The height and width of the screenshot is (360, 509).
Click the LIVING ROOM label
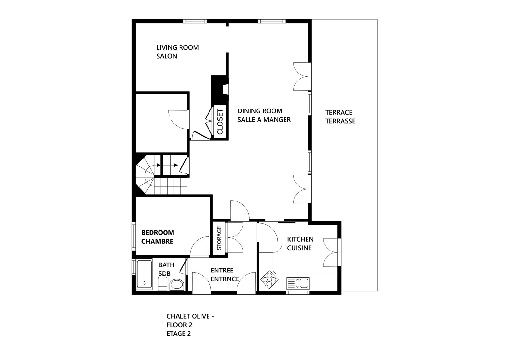tap(178, 47)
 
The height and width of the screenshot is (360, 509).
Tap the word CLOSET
tap(220, 122)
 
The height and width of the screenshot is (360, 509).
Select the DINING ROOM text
tap(260, 111)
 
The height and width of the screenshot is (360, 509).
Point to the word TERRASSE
tap(340, 121)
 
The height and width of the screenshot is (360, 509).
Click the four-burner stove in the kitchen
tap(269, 279)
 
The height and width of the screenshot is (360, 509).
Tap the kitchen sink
tap(298, 283)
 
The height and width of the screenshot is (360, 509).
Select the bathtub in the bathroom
tap(144, 275)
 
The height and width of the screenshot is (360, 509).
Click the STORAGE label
tap(219, 238)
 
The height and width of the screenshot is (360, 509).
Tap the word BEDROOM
tap(158, 232)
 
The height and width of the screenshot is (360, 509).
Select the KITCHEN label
tap(300, 239)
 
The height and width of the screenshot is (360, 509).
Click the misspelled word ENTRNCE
tap(225, 279)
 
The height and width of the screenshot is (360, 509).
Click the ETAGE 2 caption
tap(179, 334)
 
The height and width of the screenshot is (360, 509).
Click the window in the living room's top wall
tap(195, 21)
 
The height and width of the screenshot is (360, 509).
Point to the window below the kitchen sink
tap(298, 293)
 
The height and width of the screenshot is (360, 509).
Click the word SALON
tap(166, 56)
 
